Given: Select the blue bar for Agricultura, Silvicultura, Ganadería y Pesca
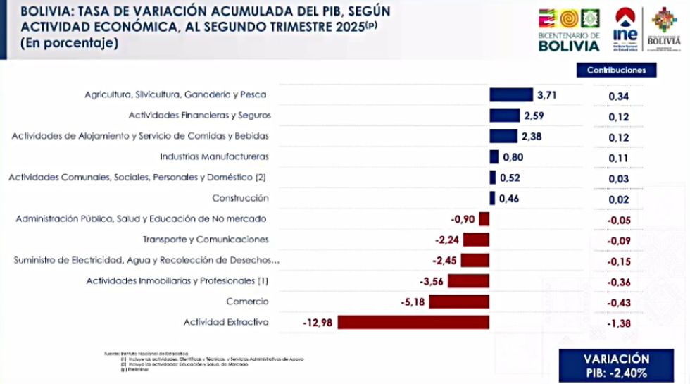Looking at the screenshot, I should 512,95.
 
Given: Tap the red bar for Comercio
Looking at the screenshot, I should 459,302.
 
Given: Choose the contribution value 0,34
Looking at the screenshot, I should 617,97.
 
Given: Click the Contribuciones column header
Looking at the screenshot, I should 616,70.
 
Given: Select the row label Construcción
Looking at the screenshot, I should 240,199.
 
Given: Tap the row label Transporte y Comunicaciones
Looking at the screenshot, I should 206,240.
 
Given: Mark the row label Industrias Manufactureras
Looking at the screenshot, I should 214,156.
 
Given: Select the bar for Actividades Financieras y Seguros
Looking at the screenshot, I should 504,116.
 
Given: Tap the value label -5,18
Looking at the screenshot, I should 412,302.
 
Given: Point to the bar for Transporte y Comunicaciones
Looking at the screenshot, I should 476,240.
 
